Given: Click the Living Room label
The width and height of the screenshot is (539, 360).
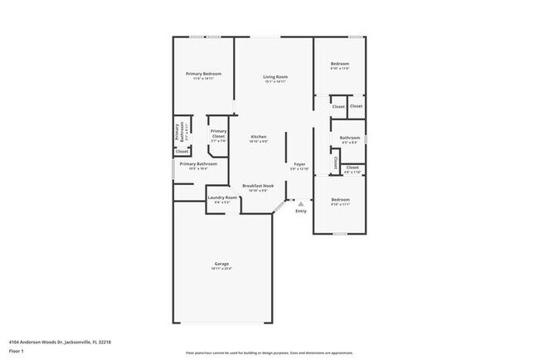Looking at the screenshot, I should [x=274, y=76].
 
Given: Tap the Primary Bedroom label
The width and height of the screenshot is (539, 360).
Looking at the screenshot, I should [x=203, y=74].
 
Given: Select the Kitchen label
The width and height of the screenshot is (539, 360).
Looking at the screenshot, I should [x=259, y=137].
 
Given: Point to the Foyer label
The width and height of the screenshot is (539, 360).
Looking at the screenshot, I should [x=299, y=164].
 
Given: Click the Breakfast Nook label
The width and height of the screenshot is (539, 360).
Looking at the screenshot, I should [x=258, y=185].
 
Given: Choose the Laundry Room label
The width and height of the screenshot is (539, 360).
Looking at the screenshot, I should [x=222, y=197].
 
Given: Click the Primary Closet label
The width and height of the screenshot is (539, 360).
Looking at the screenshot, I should [x=219, y=133].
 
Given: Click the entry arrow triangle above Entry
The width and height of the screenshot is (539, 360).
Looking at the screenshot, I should [x=300, y=203].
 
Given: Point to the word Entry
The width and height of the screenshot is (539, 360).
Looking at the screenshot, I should [x=300, y=211].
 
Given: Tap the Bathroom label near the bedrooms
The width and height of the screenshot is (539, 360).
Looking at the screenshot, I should [x=349, y=138].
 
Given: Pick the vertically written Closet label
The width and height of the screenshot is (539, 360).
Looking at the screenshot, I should [x=335, y=163].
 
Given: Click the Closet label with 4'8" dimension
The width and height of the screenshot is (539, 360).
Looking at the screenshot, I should [x=352, y=168].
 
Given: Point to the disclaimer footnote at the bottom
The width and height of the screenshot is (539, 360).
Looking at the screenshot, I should [x=269, y=352].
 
